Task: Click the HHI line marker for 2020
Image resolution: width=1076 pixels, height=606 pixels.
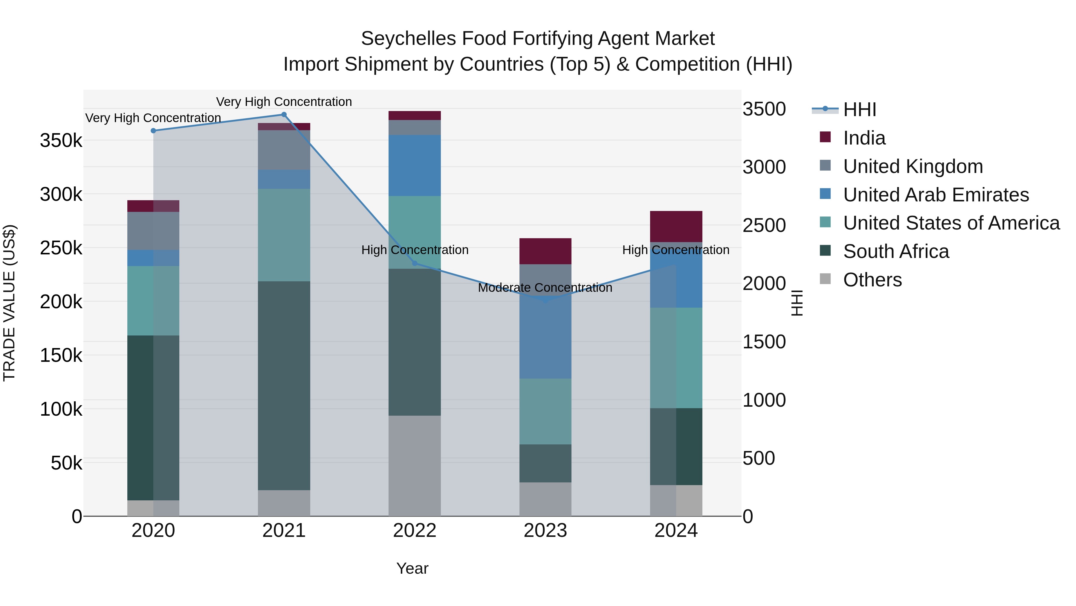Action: [x=153, y=130]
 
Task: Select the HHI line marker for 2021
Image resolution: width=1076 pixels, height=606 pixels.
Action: [x=284, y=115]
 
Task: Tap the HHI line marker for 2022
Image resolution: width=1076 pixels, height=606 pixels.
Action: [x=415, y=263]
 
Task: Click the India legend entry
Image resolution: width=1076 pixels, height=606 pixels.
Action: [x=864, y=138]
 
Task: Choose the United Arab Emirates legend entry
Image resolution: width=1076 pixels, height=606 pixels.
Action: [x=936, y=195]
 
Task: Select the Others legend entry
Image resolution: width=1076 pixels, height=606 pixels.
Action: [x=872, y=280]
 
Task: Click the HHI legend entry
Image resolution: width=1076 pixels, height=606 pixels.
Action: [x=859, y=110]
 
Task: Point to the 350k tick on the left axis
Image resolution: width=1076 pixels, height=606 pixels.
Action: [x=61, y=141]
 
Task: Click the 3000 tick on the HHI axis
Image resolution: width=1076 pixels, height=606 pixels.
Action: [x=764, y=167]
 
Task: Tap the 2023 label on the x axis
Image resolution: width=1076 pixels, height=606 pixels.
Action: [x=545, y=531]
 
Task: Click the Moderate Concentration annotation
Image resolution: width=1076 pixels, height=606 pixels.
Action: [x=545, y=288]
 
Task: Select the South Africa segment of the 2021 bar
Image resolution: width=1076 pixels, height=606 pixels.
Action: [x=284, y=385]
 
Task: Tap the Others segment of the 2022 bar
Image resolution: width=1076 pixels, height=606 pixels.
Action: [x=415, y=465]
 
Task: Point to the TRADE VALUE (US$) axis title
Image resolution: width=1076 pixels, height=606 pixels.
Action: [x=9, y=303]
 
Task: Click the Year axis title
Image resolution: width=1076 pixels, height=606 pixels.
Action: [x=412, y=568]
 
